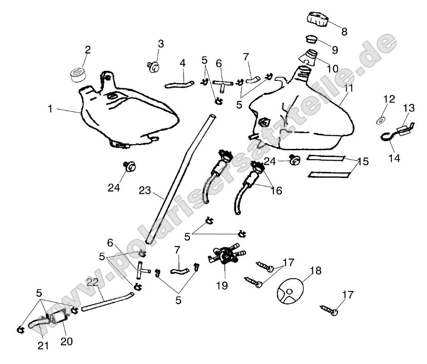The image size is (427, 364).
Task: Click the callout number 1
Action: [x=51, y=109]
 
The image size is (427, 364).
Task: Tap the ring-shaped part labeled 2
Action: [x=78, y=73]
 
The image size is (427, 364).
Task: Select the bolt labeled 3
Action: [x=153, y=67]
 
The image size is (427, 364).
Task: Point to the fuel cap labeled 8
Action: [x=318, y=19]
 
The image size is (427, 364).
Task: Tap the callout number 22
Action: [x=92, y=282]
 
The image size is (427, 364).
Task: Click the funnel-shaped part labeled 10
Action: [x=310, y=58]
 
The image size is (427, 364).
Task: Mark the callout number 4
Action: [x=183, y=63]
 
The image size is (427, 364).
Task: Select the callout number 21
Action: [x=43, y=345]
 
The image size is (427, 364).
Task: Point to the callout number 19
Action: [x=222, y=285]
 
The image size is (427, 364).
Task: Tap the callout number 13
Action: [x=409, y=108]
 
